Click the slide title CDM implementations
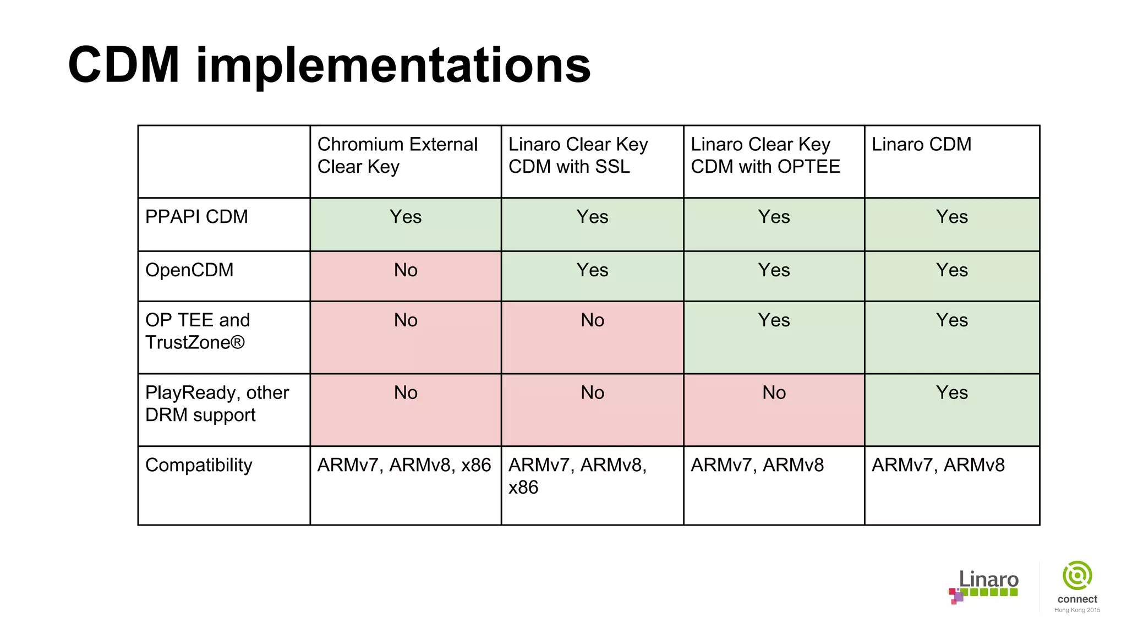point(329,65)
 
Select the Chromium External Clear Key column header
point(397,155)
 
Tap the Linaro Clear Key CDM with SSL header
point(578,155)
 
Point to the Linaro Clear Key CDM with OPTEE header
point(765,155)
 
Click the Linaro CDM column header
point(921,144)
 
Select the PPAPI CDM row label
point(196,217)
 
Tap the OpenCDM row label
point(189,270)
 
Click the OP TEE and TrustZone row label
point(197,331)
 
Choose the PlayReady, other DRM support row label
point(217,403)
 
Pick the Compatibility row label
point(199,465)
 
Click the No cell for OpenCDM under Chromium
point(406,270)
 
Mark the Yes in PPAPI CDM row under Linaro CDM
point(951,217)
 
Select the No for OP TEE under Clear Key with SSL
point(592,320)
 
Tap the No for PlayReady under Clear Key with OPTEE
point(774,393)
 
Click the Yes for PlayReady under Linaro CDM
point(951,393)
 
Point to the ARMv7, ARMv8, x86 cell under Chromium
point(404,465)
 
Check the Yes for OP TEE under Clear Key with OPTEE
point(774,320)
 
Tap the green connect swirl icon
point(1077,576)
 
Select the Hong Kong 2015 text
point(1077,610)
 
